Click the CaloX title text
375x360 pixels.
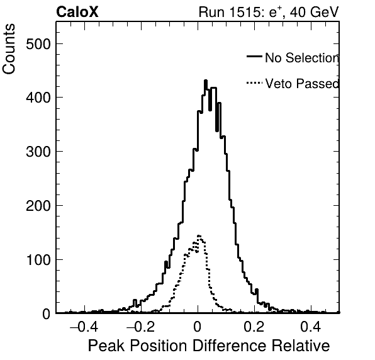coord(77,12)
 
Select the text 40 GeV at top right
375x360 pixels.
coord(314,12)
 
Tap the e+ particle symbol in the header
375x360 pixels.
coord(275,12)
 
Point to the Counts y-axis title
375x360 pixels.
coord(9,49)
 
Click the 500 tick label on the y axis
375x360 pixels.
coord(38,44)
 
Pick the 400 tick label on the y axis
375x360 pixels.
coord(38,98)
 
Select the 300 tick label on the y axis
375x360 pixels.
coord(38,152)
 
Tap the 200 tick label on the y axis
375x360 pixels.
coord(38,206)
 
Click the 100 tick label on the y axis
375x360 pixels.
coord(38,260)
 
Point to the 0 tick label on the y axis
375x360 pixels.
coord(47,314)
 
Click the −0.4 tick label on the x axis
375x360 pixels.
coord(84,327)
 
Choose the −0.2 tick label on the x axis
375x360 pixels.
coord(141,327)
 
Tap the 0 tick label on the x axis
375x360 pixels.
coord(198,327)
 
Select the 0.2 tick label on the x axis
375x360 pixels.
coord(254,327)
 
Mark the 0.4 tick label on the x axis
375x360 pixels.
coord(311,327)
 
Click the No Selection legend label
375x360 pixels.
coord(302,58)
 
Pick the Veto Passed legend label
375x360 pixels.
coord(302,84)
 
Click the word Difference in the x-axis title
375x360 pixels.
coord(230,346)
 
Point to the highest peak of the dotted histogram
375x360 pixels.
coord(199,236)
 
